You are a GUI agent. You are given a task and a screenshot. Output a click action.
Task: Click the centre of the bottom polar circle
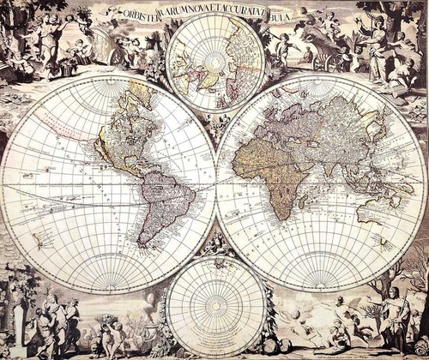click(x=215, y=306)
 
